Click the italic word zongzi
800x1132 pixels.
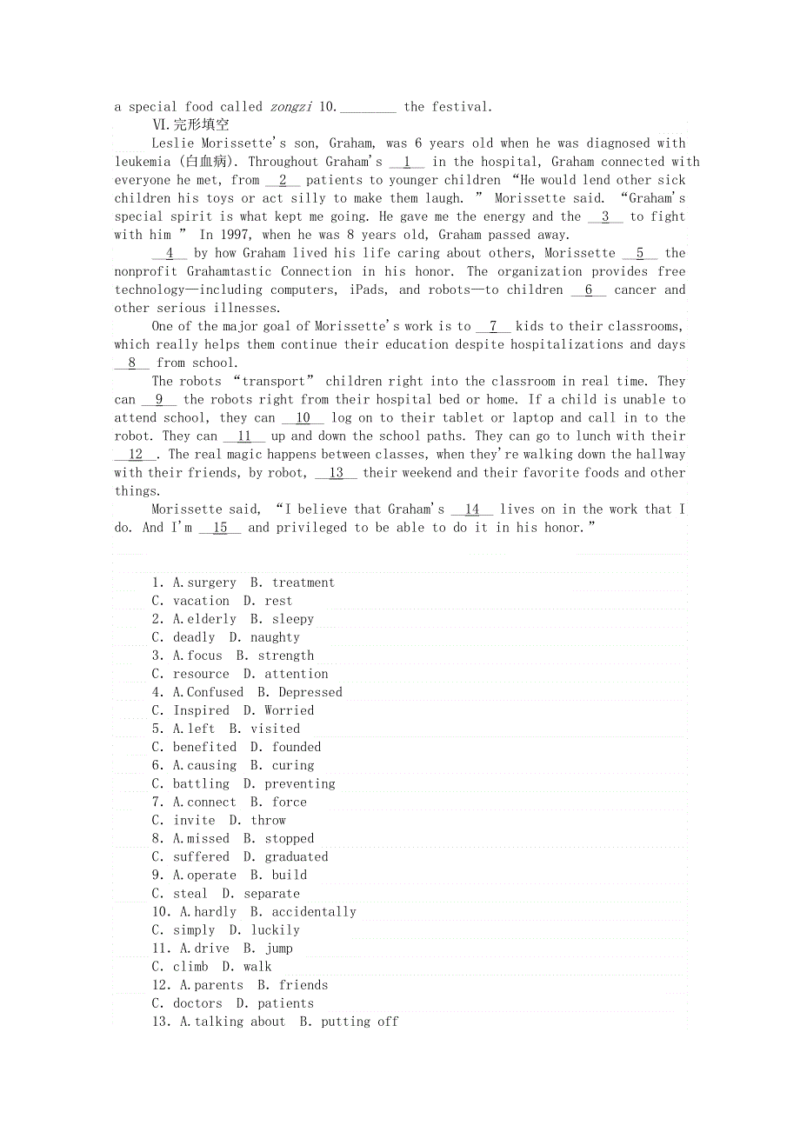click(290, 107)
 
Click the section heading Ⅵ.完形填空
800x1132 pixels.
click(190, 125)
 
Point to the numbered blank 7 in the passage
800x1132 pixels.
click(493, 326)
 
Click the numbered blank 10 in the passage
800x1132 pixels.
click(303, 417)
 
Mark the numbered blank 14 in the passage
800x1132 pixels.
click(472, 509)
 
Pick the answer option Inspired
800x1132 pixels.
click(201, 710)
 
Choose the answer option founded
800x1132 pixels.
click(297, 747)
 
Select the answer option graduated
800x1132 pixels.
click(297, 856)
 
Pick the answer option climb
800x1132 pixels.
click(190, 966)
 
